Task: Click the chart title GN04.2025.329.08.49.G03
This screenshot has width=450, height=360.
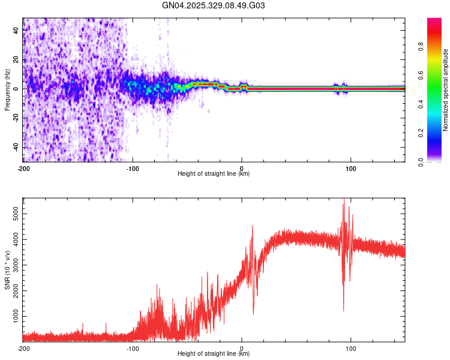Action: [x=214, y=6]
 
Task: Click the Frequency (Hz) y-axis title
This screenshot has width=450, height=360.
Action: [x=7, y=89]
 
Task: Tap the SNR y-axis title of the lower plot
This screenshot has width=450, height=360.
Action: [x=7, y=270]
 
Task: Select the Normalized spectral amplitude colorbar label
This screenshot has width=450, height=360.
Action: [x=445, y=91]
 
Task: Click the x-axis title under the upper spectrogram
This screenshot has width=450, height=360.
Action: [x=214, y=173]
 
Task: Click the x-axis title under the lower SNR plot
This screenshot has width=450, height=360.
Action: [x=214, y=353]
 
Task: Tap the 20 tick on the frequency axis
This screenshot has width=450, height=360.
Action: [x=16, y=59]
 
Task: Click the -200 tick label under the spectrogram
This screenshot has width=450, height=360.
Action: [x=23, y=168]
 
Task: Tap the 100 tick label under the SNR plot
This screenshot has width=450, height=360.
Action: [x=350, y=348]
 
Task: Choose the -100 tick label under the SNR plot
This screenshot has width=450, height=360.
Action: [x=133, y=348]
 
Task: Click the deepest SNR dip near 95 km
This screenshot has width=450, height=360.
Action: [x=343, y=311]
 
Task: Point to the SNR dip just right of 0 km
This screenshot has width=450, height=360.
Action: [x=253, y=314]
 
